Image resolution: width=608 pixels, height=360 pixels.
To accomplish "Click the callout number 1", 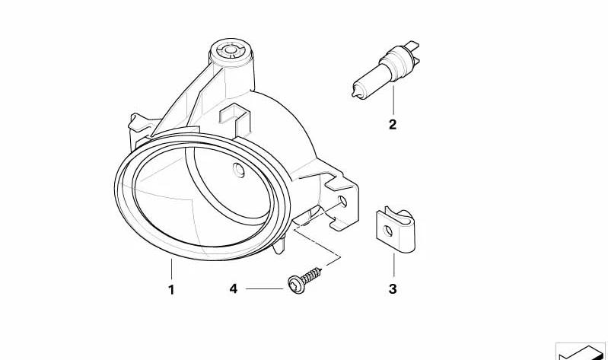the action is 171,289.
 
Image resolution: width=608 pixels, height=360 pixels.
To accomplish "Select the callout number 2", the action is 393,125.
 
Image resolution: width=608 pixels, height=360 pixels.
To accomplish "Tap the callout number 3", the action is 393,289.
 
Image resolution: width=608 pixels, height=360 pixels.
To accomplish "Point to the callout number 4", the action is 233,288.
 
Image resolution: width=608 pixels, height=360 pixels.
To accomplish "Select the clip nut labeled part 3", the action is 395,231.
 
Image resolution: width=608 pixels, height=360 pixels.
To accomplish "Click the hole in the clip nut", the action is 388,231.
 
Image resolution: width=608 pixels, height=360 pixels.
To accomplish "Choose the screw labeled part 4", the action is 305,280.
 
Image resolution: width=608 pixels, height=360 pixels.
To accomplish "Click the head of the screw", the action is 295,285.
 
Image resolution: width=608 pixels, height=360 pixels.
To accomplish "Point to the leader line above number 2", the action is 393,100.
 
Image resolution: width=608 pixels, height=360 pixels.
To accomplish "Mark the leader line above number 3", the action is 393,265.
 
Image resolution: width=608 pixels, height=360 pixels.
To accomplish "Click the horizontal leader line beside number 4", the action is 264,288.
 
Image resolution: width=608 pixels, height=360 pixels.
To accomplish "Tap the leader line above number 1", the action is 171,269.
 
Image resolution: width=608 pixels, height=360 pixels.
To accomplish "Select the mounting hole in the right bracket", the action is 343,201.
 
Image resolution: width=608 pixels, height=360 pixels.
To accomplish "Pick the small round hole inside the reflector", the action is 239,170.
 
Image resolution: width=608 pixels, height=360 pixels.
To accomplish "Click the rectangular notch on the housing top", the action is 234,116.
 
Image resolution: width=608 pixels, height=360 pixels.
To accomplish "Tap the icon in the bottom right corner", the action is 581,352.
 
